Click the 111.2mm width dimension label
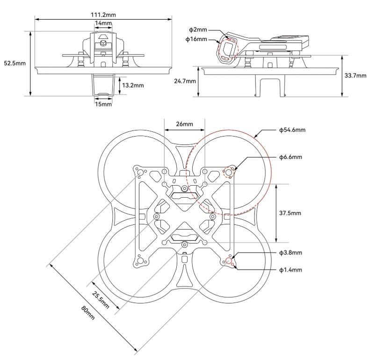[x=103, y=15]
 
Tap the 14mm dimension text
[x=103, y=23]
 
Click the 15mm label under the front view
[x=103, y=104]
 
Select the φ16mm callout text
[x=196, y=40]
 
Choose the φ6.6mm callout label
[x=290, y=157]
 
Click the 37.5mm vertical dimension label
[x=290, y=213]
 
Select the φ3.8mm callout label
[x=290, y=253]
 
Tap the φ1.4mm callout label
[x=290, y=270]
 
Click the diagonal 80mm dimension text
[x=89, y=312]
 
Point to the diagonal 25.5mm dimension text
[x=100, y=300]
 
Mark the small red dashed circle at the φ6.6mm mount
[x=229, y=173]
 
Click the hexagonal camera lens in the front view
[x=103, y=42]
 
